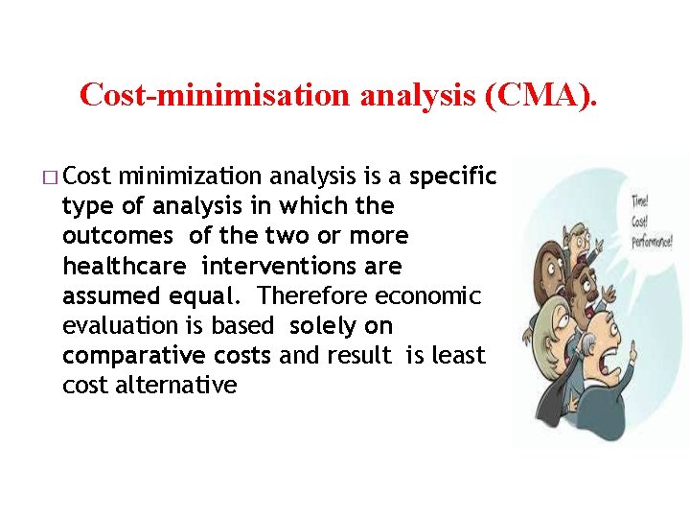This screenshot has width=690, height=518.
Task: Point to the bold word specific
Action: (x=453, y=177)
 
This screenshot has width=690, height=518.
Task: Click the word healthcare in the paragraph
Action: (x=124, y=266)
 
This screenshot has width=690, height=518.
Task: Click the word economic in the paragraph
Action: (x=428, y=295)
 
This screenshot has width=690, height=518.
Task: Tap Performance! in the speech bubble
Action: (x=652, y=240)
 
